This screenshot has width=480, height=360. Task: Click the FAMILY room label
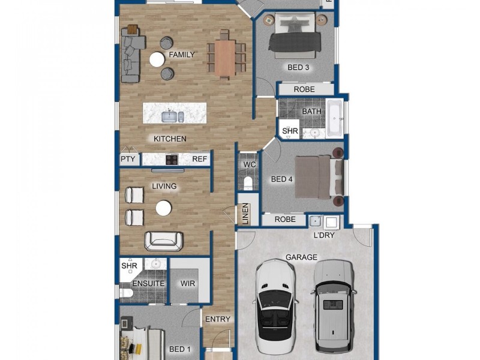182,55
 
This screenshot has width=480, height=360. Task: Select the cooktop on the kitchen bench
172,160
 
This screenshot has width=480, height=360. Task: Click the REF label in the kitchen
200,159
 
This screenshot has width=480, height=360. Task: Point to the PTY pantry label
128,159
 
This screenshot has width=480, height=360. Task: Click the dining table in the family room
224,58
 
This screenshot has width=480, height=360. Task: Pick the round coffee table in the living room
164,208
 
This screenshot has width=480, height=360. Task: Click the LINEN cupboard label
245,214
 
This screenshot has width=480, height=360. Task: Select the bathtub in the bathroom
335,118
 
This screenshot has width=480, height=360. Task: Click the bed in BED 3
295,35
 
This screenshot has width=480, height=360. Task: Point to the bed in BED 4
319,178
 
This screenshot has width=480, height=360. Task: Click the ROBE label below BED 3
304,89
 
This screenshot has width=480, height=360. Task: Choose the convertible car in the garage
275,306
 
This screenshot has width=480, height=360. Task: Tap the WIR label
188,283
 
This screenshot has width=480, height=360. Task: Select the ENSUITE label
148,283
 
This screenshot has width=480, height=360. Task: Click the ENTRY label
218,319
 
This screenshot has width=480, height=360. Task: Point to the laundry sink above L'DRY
316,221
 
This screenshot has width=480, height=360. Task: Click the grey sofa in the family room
131,55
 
